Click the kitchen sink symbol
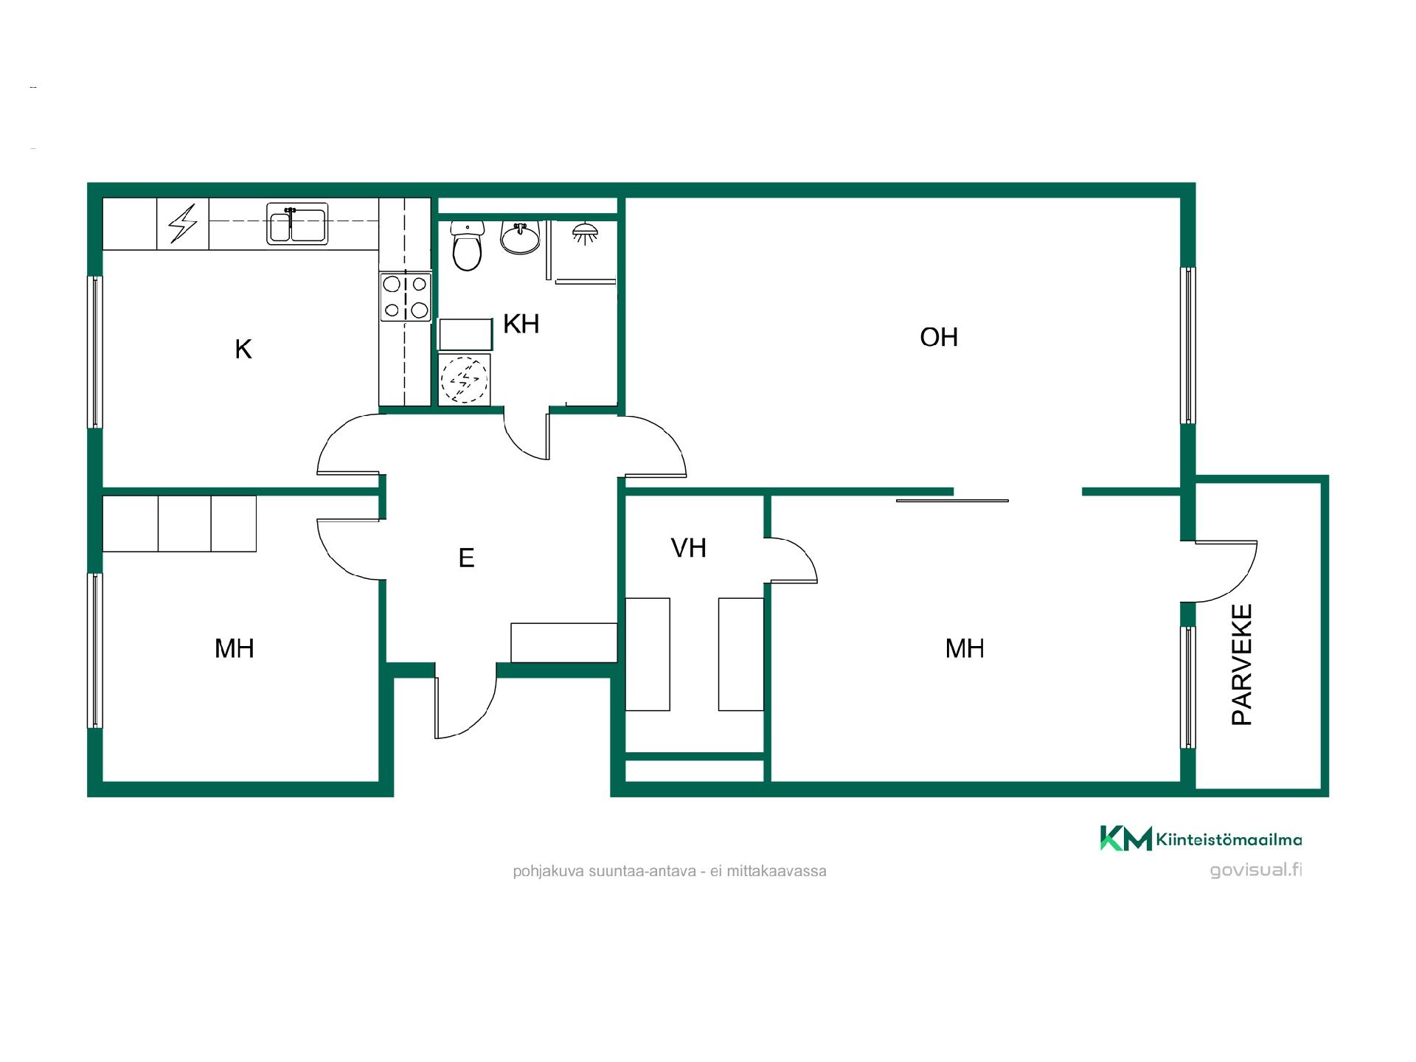[297, 223]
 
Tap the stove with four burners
[405, 296]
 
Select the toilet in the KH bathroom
[467, 246]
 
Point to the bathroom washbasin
[521, 237]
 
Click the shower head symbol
[585, 234]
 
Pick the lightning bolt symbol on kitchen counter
[183, 223]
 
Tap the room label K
[243, 349]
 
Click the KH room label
[521, 324]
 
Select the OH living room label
[939, 337]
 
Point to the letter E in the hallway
[466, 558]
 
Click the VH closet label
[689, 548]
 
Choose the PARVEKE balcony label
[1243, 665]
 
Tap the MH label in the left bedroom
[235, 648]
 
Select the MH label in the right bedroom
[965, 648]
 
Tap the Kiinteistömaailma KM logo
[1201, 839]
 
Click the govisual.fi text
[1256, 870]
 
